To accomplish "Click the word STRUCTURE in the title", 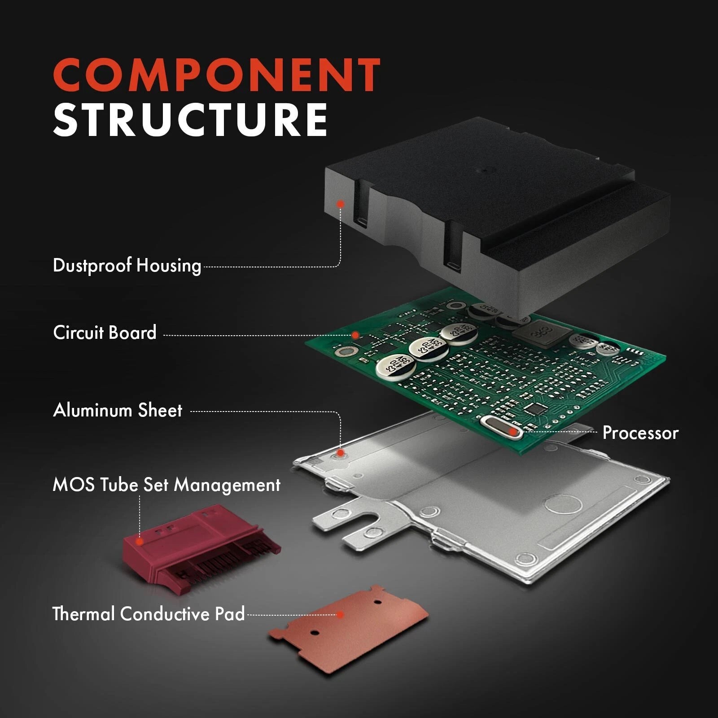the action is coord(191,119).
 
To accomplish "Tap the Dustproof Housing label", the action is coord(127,266).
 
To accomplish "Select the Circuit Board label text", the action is coord(105,333).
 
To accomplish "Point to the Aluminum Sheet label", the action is coord(118,410).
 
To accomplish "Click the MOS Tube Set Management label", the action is coord(166,485).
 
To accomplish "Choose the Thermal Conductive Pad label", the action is coord(149,614).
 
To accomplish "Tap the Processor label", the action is coord(640,433).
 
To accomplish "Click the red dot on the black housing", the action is coord(341,204).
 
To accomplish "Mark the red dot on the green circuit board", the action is coord(355,335).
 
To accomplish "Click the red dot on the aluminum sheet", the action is coord(341,453).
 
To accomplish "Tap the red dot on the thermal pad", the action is coord(341,614).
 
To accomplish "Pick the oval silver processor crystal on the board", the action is coord(502,427).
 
